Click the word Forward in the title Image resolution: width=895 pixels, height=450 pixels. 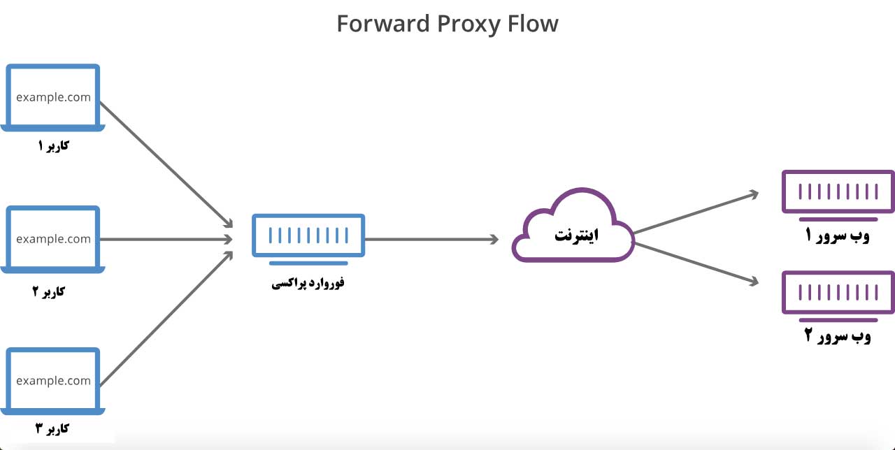pos(382,24)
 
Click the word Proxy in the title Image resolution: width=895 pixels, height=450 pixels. pos(468,24)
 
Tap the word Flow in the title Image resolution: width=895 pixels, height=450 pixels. pos(533,24)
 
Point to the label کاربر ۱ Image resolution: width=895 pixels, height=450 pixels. pos(53,146)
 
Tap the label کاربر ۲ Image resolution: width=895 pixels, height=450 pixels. pos(48,291)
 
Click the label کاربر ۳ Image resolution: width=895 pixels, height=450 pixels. pos(52,428)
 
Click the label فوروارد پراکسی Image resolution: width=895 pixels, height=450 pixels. pos(308,283)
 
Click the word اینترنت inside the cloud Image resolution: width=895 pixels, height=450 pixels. pos(576,235)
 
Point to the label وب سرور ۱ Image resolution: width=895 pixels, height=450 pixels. pos(837,235)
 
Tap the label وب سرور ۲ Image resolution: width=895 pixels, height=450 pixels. pos(838,336)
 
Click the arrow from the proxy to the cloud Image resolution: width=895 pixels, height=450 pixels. pos(432,239)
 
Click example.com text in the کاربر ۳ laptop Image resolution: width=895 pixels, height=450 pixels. pos(54,381)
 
